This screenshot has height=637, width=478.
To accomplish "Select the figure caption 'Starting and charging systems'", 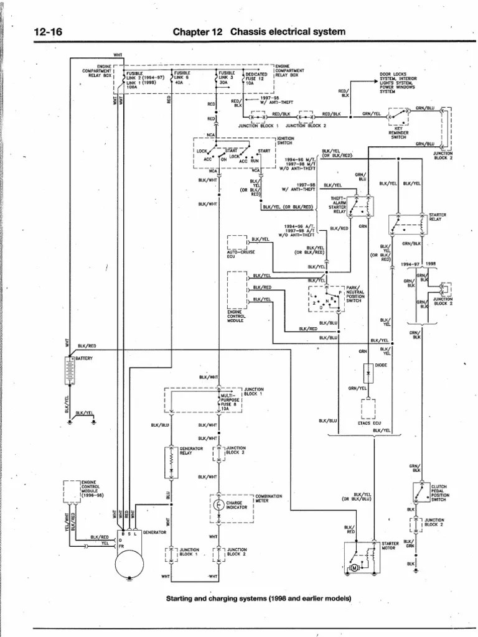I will click(x=258, y=598).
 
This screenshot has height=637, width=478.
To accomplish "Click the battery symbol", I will click(x=70, y=372).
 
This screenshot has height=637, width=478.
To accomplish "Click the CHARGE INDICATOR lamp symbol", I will click(x=218, y=504).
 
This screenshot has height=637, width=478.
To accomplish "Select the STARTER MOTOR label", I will click(x=390, y=546).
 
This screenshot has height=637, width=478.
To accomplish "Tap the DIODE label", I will click(x=381, y=365).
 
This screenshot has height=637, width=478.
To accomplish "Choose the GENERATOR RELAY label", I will click(x=191, y=450).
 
